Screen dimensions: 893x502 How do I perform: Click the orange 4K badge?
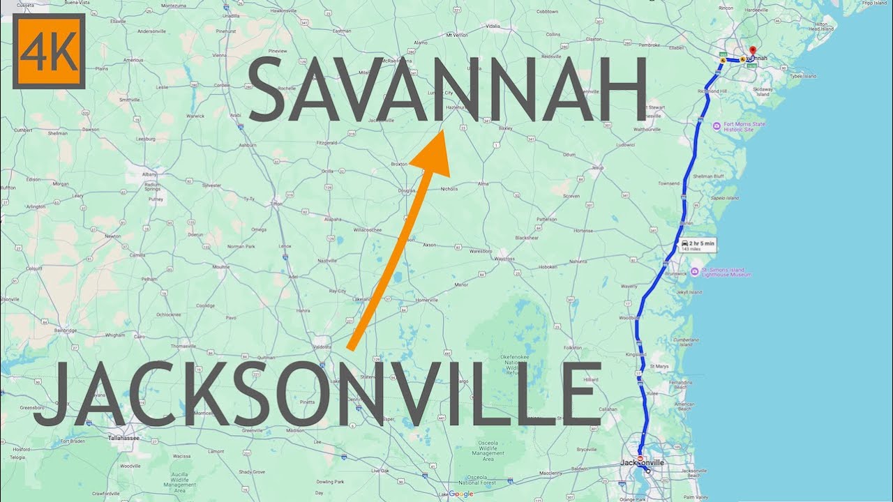[x=49, y=51]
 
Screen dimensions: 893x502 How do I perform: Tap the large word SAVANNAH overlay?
[x=446, y=89]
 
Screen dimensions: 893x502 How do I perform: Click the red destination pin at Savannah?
[x=752, y=51]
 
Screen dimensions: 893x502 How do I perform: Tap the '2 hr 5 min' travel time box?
[x=698, y=245]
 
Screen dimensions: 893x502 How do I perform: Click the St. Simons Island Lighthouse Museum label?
[x=726, y=273]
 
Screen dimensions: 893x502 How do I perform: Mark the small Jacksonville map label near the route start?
[x=643, y=462]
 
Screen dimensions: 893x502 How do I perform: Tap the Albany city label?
[x=149, y=173]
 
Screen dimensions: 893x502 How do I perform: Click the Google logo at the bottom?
[x=460, y=494]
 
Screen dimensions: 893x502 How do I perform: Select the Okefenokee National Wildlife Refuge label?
[x=518, y=364]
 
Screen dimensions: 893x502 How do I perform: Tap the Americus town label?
[x=133, y=60]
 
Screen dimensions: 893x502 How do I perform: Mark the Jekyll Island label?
[x=687, y=292]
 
